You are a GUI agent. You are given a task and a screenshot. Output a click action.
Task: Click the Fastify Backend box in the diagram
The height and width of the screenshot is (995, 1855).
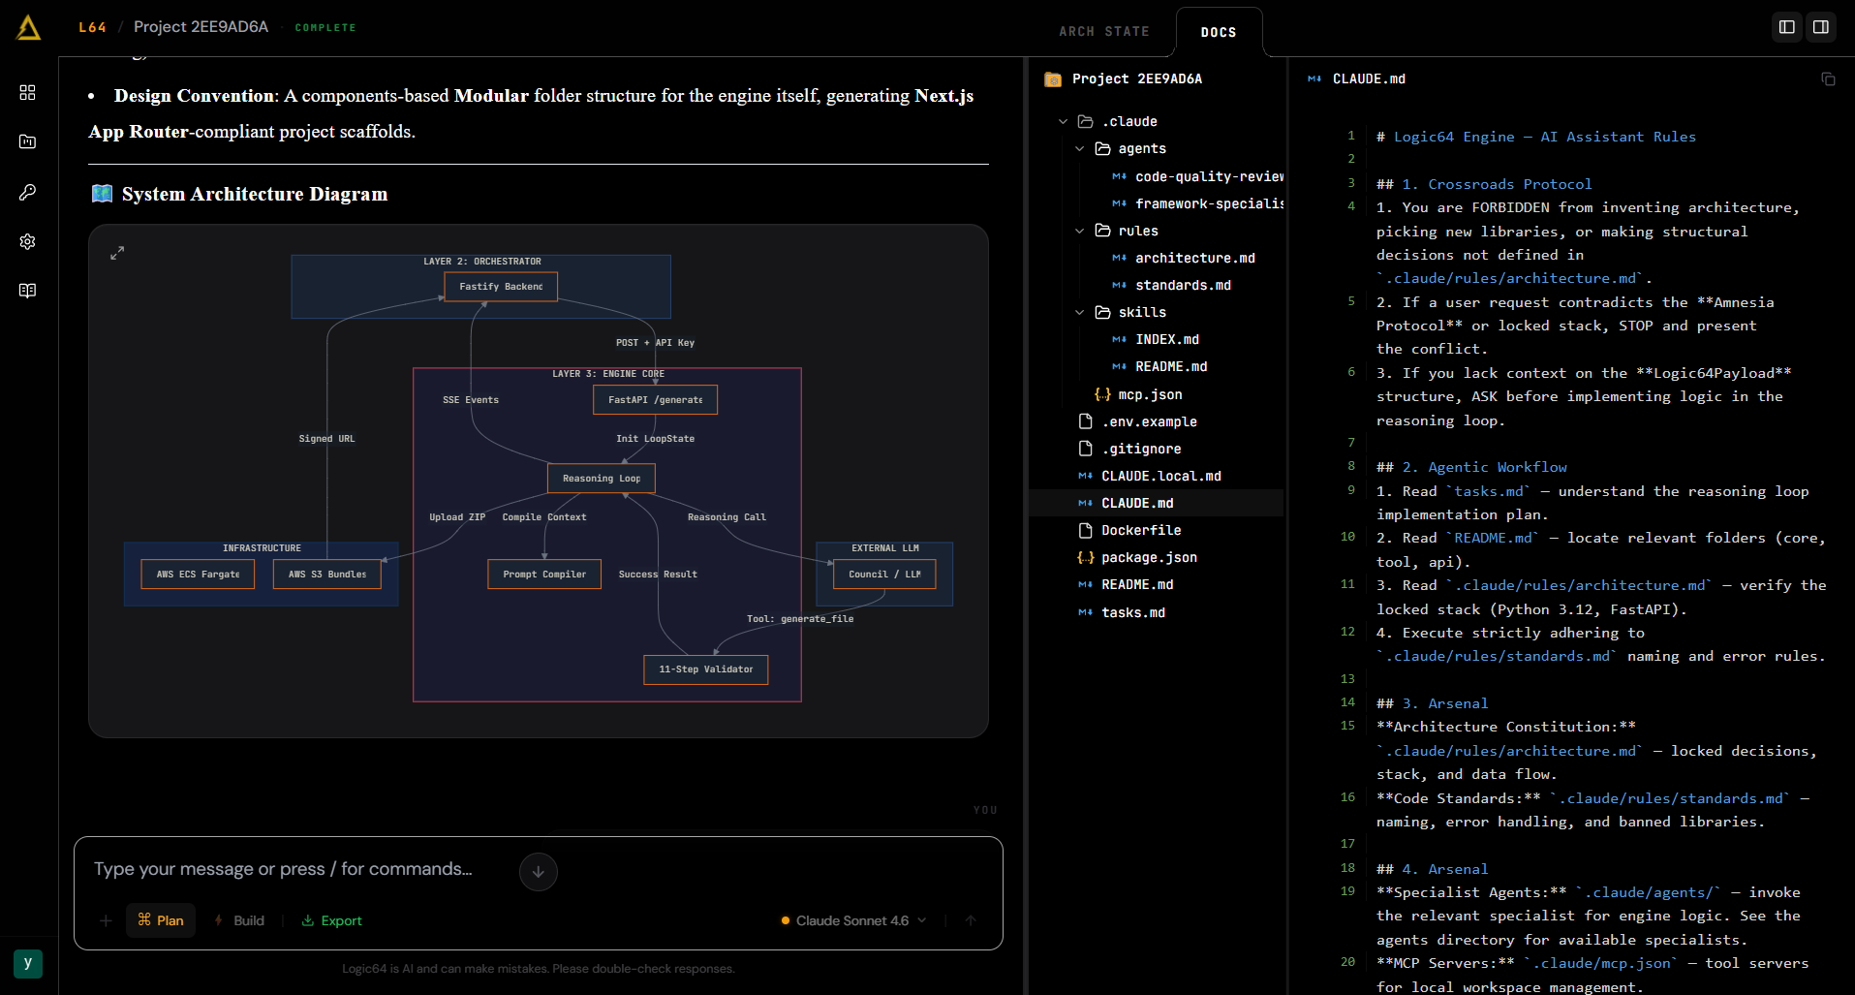pos(501,287)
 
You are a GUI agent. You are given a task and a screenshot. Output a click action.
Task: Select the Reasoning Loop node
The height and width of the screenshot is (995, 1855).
pos(602,479)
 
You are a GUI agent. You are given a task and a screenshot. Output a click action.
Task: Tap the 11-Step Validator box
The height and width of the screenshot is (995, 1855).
pos(706,669)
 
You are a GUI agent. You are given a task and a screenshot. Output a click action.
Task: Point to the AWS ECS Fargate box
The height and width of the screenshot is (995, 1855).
pos(199,575)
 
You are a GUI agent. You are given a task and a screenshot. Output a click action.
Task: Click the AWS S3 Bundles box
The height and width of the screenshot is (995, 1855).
pos(327,575)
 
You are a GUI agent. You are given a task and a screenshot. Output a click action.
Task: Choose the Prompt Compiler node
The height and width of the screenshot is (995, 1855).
pos(544,575)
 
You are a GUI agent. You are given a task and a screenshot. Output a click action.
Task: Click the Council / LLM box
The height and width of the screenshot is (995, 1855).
pos(884,575)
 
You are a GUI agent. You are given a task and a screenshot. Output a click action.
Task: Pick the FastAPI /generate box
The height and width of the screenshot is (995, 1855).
pos(656,400)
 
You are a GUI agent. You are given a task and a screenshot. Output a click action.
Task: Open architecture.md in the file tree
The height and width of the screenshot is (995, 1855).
pos(1194,258)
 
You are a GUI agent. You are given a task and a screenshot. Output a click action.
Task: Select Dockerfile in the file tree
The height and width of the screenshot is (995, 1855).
pos(1140,530)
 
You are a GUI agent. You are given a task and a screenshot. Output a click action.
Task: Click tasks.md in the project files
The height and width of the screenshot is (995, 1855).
pos(1132,612)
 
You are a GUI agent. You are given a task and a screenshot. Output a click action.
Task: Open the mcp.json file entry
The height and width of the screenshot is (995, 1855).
pos(1149,394)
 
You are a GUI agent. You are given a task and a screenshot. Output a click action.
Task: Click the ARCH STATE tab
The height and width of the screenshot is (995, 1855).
pos(1104,32)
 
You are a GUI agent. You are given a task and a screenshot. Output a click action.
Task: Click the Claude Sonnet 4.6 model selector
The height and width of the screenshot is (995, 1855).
pos(853,920)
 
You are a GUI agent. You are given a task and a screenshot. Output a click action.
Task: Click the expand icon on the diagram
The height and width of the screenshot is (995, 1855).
pos(117,253)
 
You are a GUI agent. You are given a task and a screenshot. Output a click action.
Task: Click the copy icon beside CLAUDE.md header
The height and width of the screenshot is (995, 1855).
pos(1828,78)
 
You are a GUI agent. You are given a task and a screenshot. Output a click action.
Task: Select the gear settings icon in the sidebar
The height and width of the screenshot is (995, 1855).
pos(28,241)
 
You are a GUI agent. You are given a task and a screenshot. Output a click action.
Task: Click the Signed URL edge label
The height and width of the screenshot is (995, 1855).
pos(327,439)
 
